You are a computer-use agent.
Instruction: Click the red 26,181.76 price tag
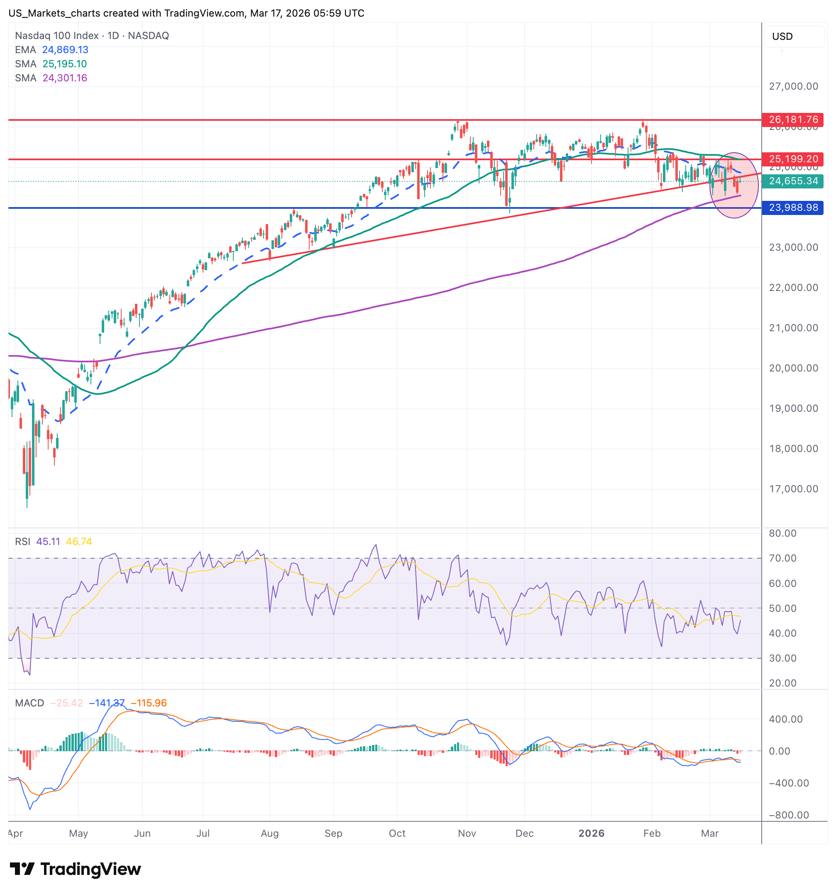pyautogui.click(x=792, y=120)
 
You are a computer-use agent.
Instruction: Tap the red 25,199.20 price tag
pyautogui.click(x=792, y=159)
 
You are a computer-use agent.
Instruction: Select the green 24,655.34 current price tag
pyautogui.click(x=792, y=181)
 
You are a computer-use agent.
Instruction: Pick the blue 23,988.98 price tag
pyautogui.click(x=792, y=208)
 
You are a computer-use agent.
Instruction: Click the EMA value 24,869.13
pyautogui.click(x=65, y=50)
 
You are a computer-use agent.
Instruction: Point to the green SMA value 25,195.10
pyautogui.click(x=64, y=64)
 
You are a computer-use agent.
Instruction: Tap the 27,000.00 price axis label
pyautogui.click(x=793, y=86)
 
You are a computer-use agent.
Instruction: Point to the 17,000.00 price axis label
pyautogui.click(x=793, y=489)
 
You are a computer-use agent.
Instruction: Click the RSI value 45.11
pyautogui.click(x=48, y=542)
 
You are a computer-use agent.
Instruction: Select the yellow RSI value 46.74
pyautogui.click(x=79, y=542)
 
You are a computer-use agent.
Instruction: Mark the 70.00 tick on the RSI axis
pyautogui.click(x=782, y=558)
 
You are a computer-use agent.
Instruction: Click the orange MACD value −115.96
pyautogui.click(x=149, y=703)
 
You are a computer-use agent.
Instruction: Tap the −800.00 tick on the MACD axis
pyautogui.click(x=789, y=815)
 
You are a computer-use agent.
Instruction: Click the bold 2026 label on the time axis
pyautogui.click(x=591, y=833)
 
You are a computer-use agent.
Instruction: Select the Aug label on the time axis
pyautogui.click(x=269, y=833)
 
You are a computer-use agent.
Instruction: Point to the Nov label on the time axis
pyautogui.click(x=467, y=833)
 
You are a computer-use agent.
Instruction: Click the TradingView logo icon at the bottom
pyautogui.click(x=22, y=869)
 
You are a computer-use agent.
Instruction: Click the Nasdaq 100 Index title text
pyautogui.click(x=57, y=36)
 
